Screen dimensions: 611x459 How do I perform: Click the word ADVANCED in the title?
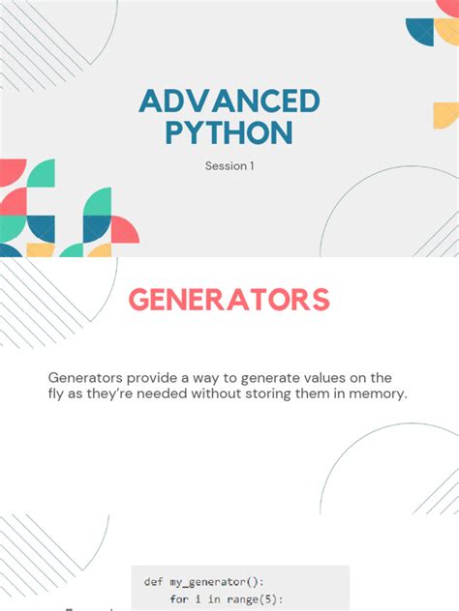pyautogui.click(x=229, y=100)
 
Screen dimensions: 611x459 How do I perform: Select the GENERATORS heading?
pyautogui.click(x=229, y=300)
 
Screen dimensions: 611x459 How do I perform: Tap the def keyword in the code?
pyautogui.click(x=153, y=581)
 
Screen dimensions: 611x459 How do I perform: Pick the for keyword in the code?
pyautogui.click(x=179, y=599)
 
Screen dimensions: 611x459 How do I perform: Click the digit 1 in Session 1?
pyautogui.click(x=251, y=166)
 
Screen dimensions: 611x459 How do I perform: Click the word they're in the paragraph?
pyautogui.click(x=108, y=393)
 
